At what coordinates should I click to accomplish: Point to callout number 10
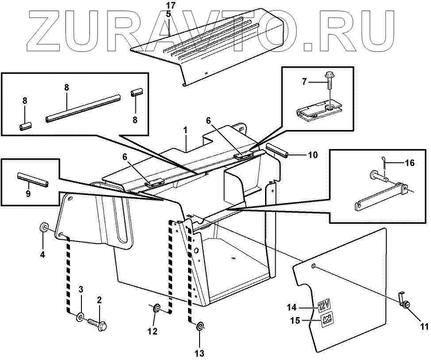point(312,155)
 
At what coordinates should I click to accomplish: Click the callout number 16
point(409,163)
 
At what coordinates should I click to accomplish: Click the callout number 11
point(424,327)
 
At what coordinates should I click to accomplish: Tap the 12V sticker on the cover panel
point(325,306)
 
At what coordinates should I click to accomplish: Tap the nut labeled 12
point(156,308)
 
